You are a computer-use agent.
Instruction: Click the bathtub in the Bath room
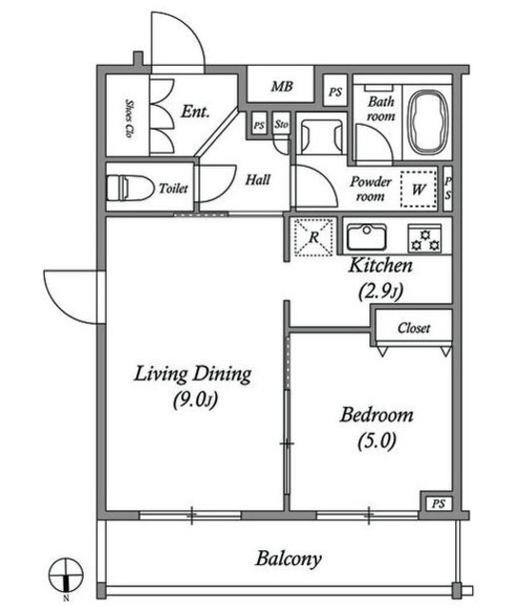[x=428, y=122]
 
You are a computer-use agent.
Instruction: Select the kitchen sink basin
[x=367, y=236]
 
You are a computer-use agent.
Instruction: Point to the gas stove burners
[x=425, y=238]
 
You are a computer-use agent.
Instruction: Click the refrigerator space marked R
[x=314, y=237]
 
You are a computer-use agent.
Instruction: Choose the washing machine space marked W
[x=419, y=189]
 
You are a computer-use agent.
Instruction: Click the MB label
[x=282, y=86]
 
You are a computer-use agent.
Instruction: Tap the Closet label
[x=413, y=328]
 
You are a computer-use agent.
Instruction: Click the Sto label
[x=281, y=124]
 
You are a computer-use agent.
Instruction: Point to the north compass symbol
[x=66, y=575]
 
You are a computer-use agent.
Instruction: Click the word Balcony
[x=288, y=559]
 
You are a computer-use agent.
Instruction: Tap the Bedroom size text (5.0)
[x=377, y=440]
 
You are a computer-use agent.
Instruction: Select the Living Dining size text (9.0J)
[x=195, y=399]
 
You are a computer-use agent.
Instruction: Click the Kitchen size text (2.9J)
[x=381, y=291]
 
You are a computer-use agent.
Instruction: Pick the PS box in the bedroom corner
[x=438, y=504]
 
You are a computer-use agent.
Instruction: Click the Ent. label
[x=195, y=112]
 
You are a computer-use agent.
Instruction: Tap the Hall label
[x=258, y=180]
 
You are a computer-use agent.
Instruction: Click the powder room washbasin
[x=322, y=137]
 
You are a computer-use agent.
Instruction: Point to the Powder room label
[x=370, y=189]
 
